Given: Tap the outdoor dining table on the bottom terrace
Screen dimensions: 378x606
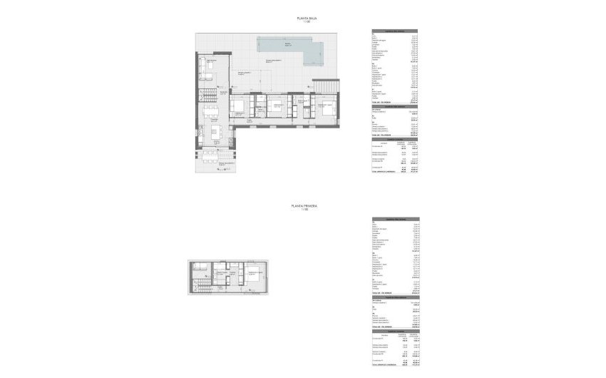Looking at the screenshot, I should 210,158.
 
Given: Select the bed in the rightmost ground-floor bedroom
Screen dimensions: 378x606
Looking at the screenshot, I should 326,110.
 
